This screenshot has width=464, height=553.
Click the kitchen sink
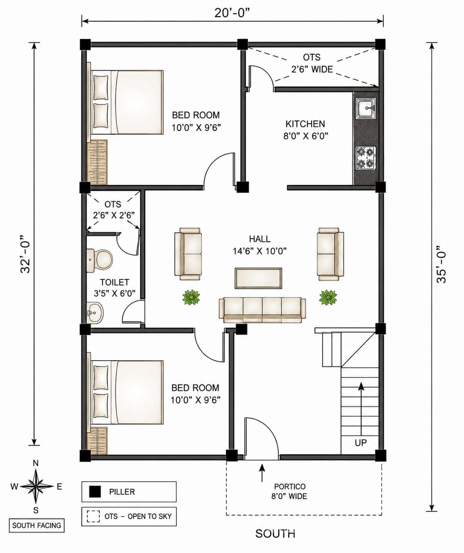coord(366,108)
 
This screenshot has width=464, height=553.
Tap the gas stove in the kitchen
coord(366,158)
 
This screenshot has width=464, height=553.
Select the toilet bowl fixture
coord(100,260)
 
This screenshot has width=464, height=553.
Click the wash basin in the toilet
coord(94,313)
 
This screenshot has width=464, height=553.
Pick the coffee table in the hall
coord(258,278)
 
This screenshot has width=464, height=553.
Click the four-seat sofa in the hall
coord(262,310)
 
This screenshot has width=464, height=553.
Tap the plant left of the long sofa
coord(191,297)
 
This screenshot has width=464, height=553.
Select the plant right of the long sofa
coord(328,297)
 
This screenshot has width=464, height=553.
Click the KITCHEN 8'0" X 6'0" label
coord(306,130)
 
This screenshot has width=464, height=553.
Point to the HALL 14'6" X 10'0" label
coord(260,245)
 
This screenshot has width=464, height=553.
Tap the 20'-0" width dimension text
coord(232,13)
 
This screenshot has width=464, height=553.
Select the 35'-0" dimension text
coord(441,264)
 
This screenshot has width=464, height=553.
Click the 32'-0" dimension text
coord(25,254)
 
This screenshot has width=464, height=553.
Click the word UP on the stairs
coord(361,442)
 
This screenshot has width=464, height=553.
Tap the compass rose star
coord(36,486)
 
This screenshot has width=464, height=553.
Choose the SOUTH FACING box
coord(37,525)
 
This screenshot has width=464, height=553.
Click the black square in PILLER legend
coord(94,492)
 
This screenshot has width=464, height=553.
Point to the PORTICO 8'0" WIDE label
coord(289,491)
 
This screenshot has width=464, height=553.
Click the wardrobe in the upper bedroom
coord(97,162)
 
